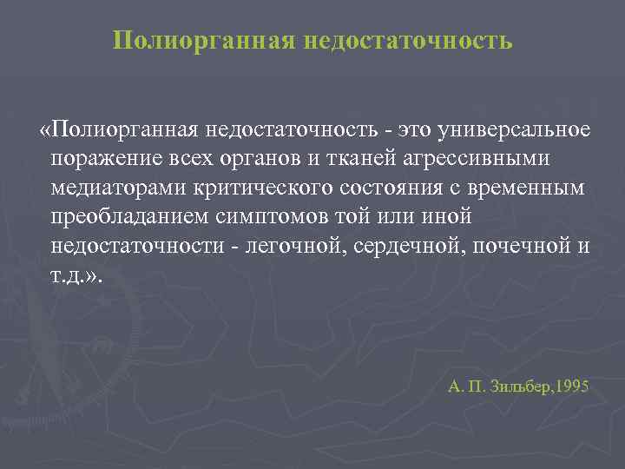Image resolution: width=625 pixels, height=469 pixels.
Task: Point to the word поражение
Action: pos(98,160)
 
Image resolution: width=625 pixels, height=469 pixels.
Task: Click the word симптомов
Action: pos(267,217)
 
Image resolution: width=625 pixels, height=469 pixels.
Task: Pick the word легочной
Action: pos(288,246)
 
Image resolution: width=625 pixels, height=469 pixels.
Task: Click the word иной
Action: pos(444,217)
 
